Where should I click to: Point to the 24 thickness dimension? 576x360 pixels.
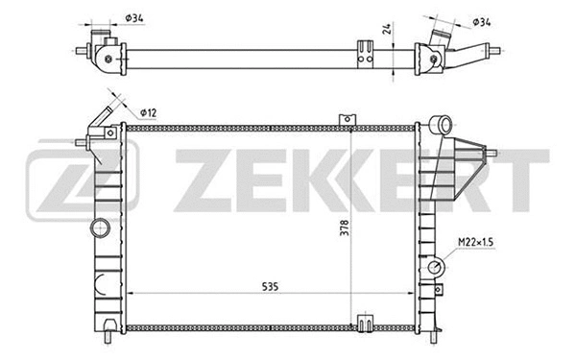pyautogui.click(x=387, y=29)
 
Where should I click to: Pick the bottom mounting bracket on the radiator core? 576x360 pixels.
pyautogui.click(x=366, y=324)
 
